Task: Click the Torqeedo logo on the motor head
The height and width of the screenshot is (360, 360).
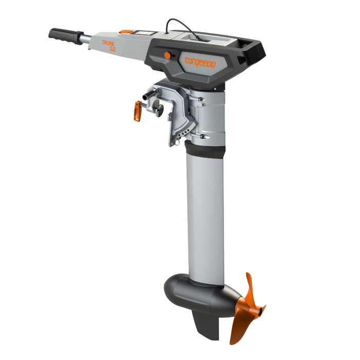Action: pos(201,61)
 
